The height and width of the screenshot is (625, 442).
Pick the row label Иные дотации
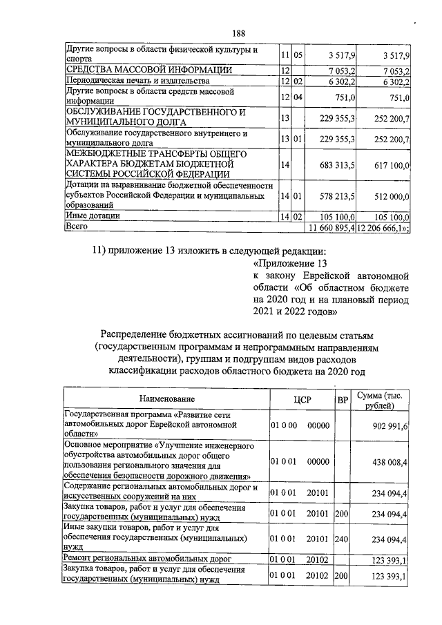tap(92, 216)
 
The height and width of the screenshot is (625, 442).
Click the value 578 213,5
tap(334, 196)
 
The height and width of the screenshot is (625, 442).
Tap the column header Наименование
tap(166, 399)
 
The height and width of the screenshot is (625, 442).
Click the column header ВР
tap(342, 399)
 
